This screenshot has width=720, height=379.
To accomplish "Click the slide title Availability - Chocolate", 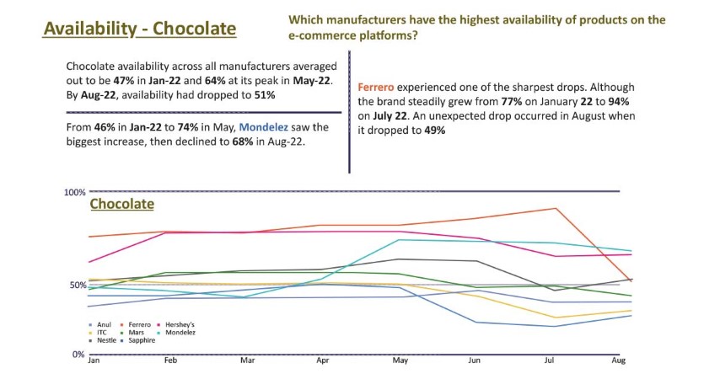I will click(139, 29).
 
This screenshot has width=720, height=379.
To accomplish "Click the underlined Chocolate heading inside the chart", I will click(121, 204).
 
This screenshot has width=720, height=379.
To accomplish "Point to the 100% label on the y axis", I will click(75, 193).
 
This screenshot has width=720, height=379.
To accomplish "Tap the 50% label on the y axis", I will click(77, 286).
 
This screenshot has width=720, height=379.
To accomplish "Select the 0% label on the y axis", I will click(78, 355).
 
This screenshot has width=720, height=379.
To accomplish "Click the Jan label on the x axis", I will click(94, 360).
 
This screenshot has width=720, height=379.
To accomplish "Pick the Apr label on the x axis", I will click(322, 360).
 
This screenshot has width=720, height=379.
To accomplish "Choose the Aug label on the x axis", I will click(618, 360).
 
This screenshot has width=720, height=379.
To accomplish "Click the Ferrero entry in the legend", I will click(139, 324).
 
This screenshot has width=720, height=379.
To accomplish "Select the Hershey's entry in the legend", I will click(180, 324).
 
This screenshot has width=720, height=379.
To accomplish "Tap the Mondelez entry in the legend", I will click(180, 333).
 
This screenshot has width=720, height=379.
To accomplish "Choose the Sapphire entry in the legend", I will click(141, 340).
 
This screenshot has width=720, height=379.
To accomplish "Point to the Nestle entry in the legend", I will click(106, 340).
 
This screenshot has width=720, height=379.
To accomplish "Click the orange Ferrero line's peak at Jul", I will click(553, 208).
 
